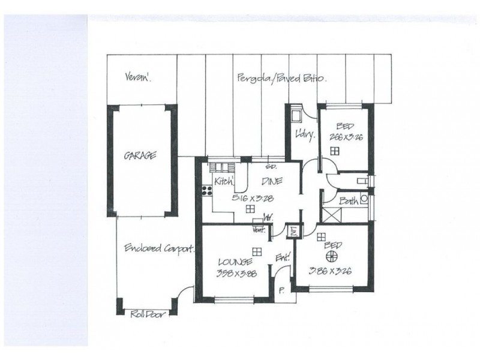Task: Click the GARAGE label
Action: [140, 155]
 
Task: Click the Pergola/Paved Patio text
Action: [281, 78]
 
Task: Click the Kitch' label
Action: [223, 180]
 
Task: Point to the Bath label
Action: [349, 202]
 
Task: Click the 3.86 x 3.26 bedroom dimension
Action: [330, 271]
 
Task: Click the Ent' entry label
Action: [283, 257]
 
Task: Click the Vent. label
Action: [260, 230]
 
